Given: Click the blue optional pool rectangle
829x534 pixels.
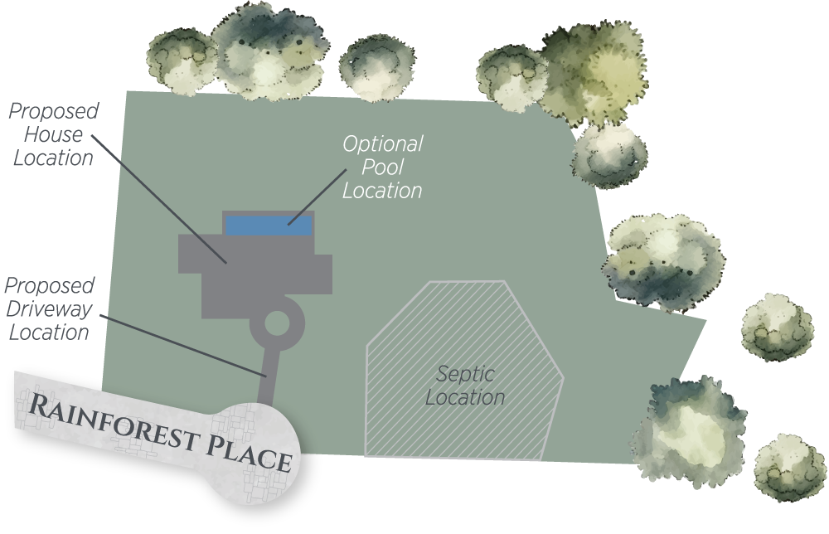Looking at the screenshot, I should tap(269, 225).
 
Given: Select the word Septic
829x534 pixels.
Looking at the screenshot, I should tap(464, 373).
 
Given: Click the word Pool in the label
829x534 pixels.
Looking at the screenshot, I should tap(382, 167).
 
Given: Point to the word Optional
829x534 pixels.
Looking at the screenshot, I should tap(382, 144).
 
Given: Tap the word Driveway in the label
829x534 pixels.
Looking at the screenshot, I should tap(47, 309).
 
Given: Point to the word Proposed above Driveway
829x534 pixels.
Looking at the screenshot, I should tap(50, 286).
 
